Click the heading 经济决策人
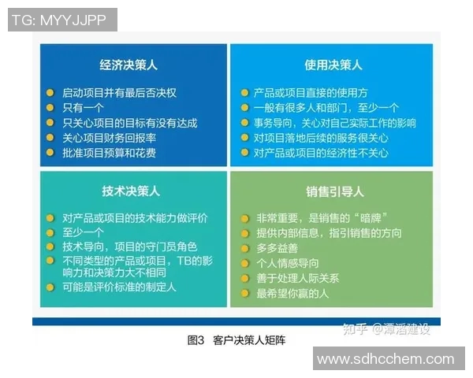click(x=128, y=65)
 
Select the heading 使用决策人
click(x=333, y=65)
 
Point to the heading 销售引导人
click(x=334, y=191)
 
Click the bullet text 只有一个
click(x=84, y=107)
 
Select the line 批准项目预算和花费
click(x=110, y=153)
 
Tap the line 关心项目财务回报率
click(x=110, y=138)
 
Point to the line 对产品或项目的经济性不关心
click(x=322, y=153)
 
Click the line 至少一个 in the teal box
click(x=84, y=232)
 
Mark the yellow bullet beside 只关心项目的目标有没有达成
click(x=50, y=123)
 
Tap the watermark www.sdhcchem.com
click(x=385, y=359)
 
